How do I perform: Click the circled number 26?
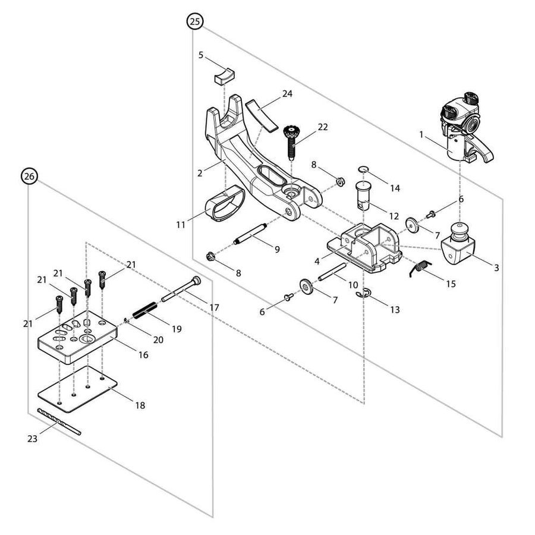tap(29, 175)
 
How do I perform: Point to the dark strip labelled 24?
tap(262, 114)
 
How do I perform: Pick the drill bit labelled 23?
tap(58, 423)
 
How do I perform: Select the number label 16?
tap(143, 355)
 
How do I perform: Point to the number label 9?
tap(277, 250)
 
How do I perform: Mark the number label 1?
tap(421, 135)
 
